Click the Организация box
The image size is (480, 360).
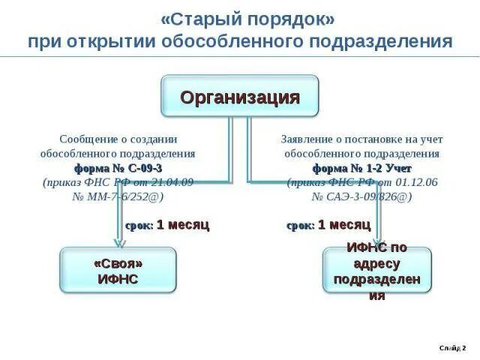pos(240,97)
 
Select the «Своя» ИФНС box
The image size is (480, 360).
pos(118,271)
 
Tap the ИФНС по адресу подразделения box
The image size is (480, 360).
pos(376,271)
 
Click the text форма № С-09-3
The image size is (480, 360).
pos(118,167)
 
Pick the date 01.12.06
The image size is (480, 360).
pos(415,181)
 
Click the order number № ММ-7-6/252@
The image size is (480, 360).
pos(118,196)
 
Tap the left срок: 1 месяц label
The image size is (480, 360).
pos(166,224)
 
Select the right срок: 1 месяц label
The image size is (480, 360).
pos(328,224)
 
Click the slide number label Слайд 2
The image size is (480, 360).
pos(452,348)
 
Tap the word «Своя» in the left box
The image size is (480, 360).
pos(118,263)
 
